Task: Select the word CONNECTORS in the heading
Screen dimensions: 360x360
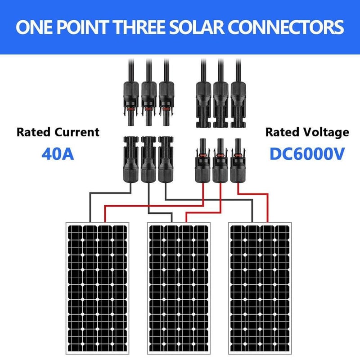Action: [286, 27]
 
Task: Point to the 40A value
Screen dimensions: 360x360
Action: [58, 154]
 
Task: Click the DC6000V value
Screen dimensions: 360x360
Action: [307, 154]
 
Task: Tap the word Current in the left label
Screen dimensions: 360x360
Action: [77, 132]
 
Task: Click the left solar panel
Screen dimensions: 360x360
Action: [97, 288]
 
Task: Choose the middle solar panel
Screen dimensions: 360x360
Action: [179, 288]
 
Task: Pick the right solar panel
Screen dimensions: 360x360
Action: [260, 288]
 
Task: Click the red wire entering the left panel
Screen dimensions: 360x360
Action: [154, 206]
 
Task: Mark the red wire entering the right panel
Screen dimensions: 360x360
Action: [252, 194]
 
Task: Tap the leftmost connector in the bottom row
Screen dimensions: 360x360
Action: [131, 160]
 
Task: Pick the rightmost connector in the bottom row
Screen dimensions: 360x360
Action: [238, 161]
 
